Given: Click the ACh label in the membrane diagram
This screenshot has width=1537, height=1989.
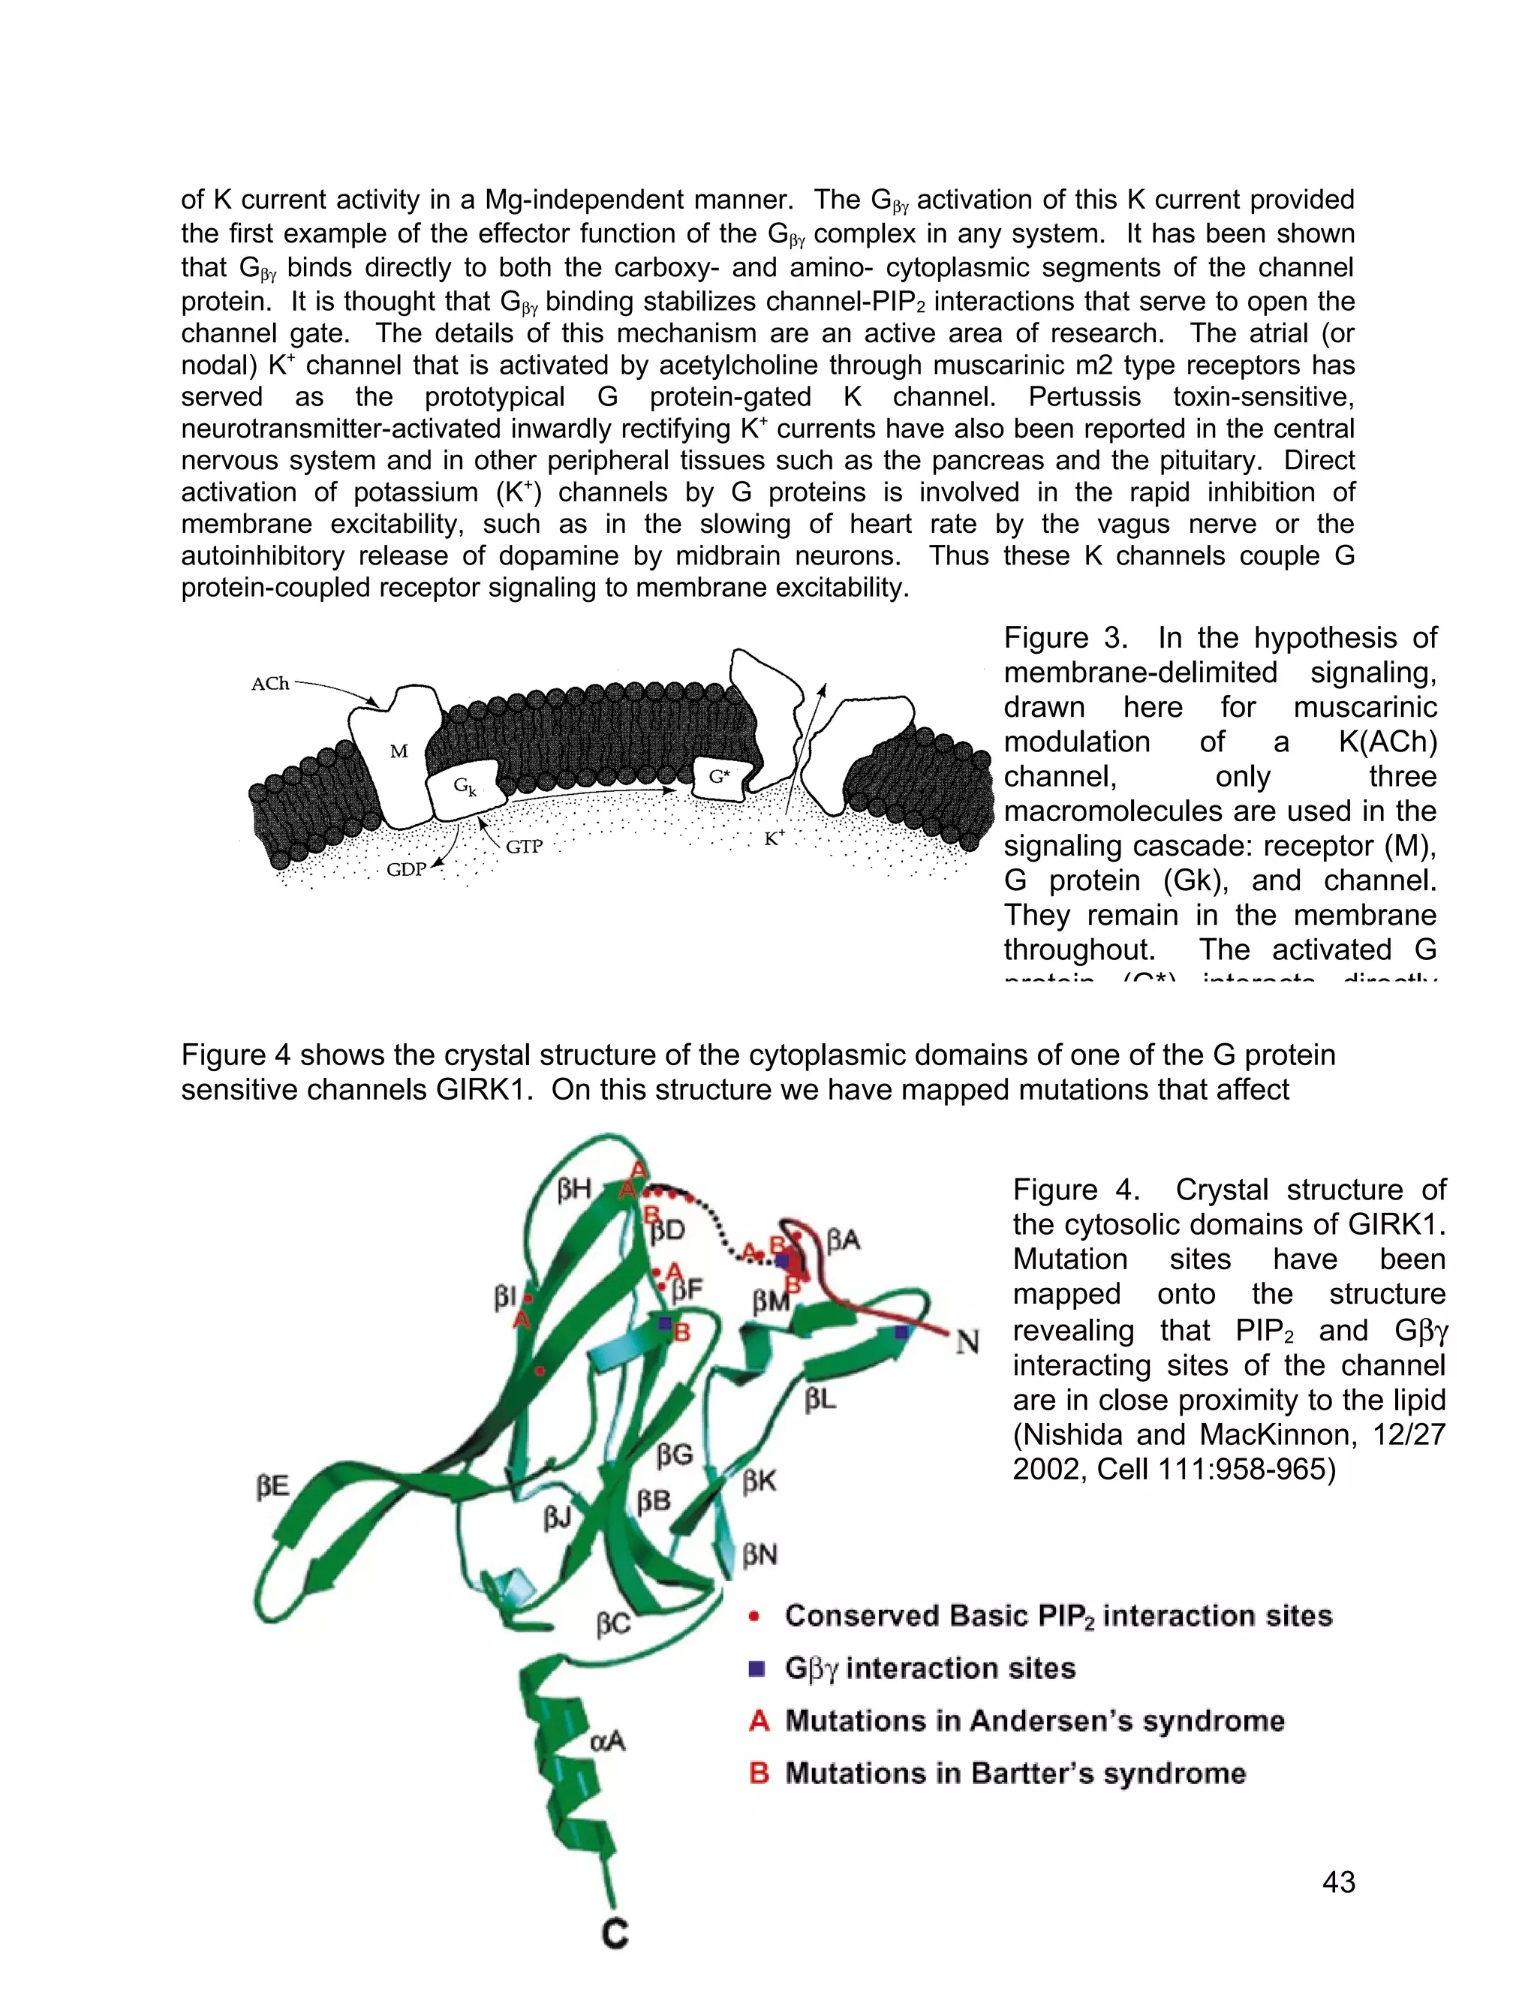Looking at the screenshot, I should tap(269, 684).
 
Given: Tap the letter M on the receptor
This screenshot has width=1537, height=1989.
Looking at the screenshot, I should tap(399, 751).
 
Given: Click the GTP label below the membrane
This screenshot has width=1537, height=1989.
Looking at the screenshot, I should tap(524, 847).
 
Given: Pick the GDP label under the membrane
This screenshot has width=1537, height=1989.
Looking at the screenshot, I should tap(406, 870).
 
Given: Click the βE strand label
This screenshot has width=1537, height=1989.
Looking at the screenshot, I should tap(272, 1487).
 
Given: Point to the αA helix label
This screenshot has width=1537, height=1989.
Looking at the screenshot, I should tap(608, 1741).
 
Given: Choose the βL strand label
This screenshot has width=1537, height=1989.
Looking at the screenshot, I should tap(820, 1400).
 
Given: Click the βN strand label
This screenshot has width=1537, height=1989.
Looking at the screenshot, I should tap(759, 1554).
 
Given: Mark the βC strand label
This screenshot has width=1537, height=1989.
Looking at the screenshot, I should tap(613, 1626).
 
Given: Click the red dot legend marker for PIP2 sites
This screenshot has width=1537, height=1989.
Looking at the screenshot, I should tap(754, 1617).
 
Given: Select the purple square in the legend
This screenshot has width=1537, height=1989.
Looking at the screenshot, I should tap(756, 1669).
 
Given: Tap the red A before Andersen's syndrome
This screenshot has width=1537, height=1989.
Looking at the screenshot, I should tap(759, 1721).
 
